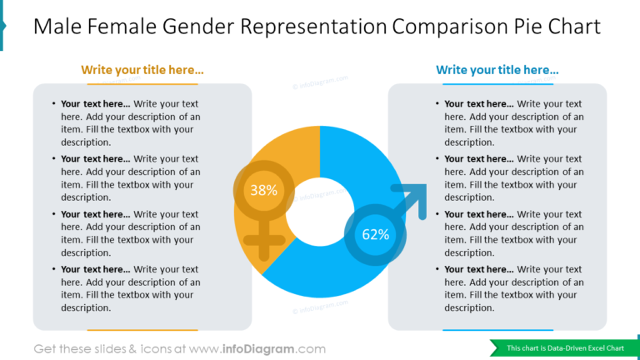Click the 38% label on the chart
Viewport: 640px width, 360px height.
(x=263, y=190)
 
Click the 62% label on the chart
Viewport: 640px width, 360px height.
(x=375, y=234)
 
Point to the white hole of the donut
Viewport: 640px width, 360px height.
(x=319, y=218)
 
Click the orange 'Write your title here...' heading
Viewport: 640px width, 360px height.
(x=142, y=70)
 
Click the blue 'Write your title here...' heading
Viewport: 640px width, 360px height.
(x=497, y=70)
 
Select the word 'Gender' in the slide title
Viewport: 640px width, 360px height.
(x=200, y=27)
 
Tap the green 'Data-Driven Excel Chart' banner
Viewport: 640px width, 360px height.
(x=565, y=347)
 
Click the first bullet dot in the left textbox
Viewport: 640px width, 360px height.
(x=54, y=104)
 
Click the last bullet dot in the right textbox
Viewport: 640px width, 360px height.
(x=437, y=269)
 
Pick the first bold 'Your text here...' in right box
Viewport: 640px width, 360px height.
(x=478, y=104)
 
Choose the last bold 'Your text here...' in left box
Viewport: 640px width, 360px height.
(x=95, y=269)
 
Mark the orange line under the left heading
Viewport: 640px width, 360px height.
(x=142, y=83)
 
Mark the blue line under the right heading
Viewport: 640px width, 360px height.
(x=497, y=83)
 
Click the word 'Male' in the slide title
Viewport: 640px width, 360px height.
(x=59, y=27)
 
